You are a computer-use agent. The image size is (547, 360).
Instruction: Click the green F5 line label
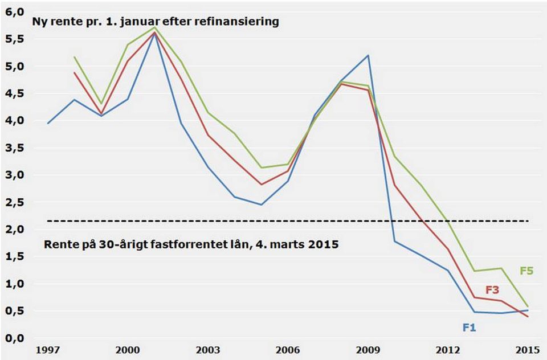coord(526,271)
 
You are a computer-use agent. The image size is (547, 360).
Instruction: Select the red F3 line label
coord(492,290)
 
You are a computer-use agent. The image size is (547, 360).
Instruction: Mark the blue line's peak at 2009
coord(368,55)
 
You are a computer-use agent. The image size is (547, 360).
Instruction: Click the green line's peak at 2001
coord(154,27)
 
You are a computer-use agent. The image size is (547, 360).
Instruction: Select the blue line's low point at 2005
coord(261,204)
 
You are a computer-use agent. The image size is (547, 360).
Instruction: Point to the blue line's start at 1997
coord(48,123)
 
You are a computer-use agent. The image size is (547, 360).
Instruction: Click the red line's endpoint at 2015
coord(527,317)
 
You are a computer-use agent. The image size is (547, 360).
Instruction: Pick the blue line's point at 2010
coord(394,241)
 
